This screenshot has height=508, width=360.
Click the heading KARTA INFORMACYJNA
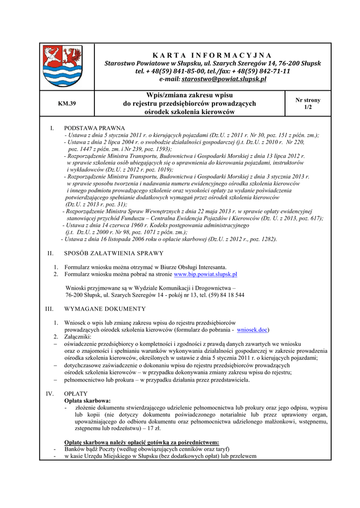[x=213, y=55]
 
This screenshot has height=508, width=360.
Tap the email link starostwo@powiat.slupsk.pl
[x=224, y=79]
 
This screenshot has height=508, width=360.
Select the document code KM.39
[x=67, y=104]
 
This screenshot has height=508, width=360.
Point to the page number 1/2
[x=308, y=107]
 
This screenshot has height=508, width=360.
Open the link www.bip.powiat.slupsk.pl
[x=205, y=274]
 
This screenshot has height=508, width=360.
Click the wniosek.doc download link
[x=253, y=329]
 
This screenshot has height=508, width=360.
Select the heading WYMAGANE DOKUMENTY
[x=105, y=309]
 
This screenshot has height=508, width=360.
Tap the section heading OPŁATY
[x=76, y=394]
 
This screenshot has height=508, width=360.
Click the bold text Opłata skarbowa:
[x=87, y=401]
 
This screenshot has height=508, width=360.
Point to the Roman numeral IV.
[x=50, y=394]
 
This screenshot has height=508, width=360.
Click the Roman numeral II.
[x=50, y=254]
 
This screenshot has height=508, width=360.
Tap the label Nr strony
[x=308, y=100]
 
